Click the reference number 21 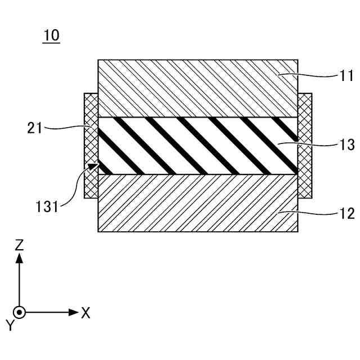tap(35, 128)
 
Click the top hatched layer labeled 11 tap(197, 88)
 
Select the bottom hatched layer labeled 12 tap(197, 203)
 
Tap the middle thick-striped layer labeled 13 tap(197, 145)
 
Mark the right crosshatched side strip tap(304, 145)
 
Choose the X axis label tap(85, 313)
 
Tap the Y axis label tap(8, 325)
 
